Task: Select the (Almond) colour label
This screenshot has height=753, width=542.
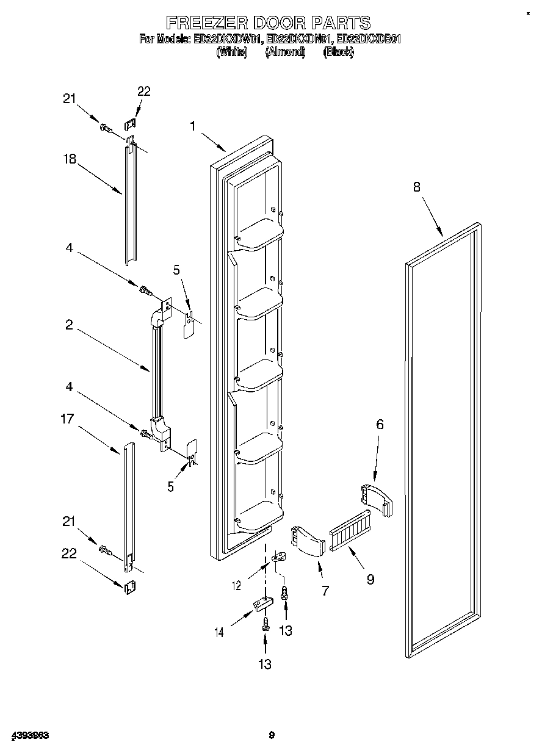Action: point(285,52)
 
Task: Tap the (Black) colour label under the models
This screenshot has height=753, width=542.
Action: point(338,52)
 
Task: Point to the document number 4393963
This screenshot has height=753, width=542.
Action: point(30,735)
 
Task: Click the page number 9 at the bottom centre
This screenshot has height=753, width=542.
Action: point(272,735)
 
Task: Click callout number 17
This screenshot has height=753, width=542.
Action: point(67,419)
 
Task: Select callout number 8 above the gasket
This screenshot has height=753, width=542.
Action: point(416,187)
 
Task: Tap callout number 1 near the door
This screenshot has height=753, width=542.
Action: point(192,126)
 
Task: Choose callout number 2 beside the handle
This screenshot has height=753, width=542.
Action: point(70,325)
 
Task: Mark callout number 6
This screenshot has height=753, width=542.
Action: point(380,424)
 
